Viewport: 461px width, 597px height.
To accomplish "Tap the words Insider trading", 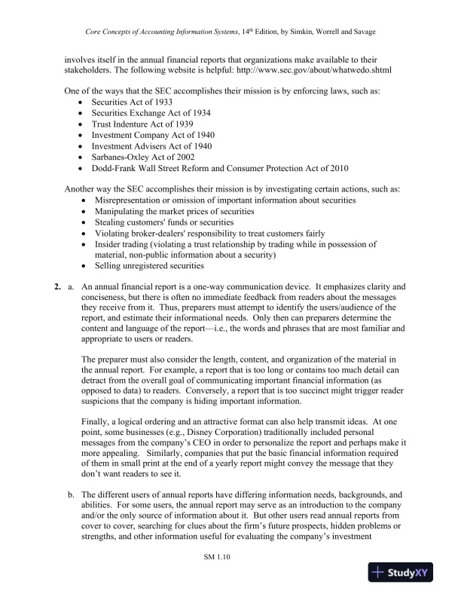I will [x=121, y=244].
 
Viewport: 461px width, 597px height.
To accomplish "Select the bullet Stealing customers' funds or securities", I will [x=163, y=222].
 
